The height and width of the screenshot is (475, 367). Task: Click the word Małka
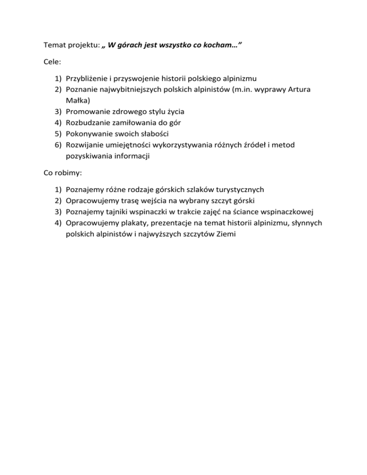tap(78, 100)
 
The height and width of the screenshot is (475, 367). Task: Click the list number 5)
tap(57, 133)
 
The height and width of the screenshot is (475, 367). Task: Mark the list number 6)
tap(57, 144)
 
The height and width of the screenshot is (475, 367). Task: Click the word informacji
tap(126, 155)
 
